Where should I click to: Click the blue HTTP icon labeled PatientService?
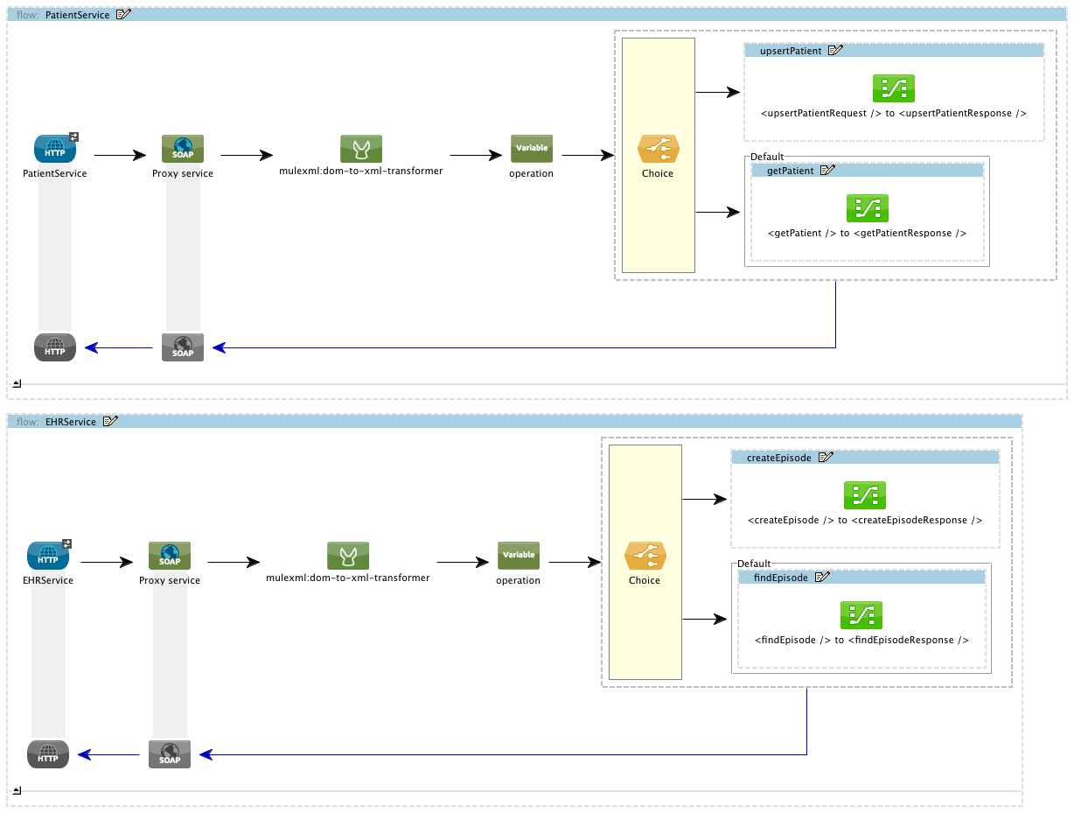55,149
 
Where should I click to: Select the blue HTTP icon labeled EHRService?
48,556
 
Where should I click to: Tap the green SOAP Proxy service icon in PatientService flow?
183,149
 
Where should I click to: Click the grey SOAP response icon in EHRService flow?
170,754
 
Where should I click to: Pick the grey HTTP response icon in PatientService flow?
55,347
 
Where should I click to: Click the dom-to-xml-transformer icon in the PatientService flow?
361,149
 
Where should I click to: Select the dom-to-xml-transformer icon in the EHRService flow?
348,556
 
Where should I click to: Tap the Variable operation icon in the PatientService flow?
532,149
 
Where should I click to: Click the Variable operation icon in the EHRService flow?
519,556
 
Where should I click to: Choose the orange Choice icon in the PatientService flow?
658,150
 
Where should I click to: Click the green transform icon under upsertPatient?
893,88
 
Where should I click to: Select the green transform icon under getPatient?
867,208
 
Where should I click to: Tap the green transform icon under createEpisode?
865,495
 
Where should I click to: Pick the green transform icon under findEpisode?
861,615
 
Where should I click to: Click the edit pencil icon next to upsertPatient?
835,51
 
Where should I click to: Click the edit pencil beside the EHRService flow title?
110,422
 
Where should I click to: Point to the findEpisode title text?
780,578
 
